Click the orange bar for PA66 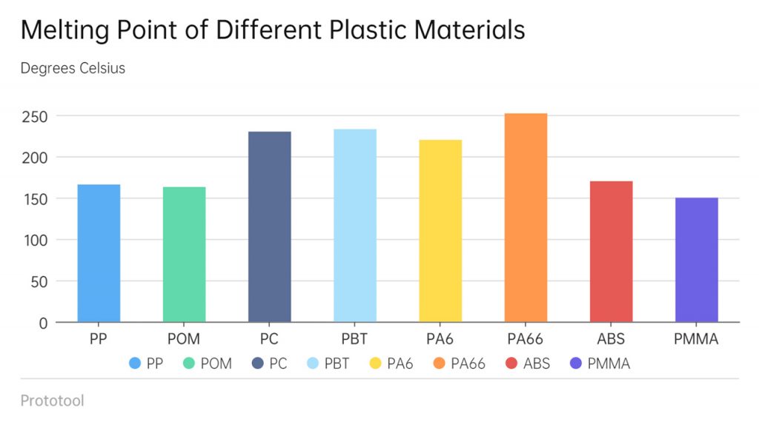pos(526,218)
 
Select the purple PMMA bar pos(697,260)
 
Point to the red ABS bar pos(611,252)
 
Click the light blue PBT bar pos(355,226)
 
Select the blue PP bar pos(99,253)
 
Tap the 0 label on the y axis pos(43,323)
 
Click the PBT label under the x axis pos(355,340)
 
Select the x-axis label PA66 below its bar pos(526,340)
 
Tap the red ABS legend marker pos(511,364)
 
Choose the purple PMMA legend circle pos(576,364)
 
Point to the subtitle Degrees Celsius pos(73,68)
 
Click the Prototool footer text pos(52,401)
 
